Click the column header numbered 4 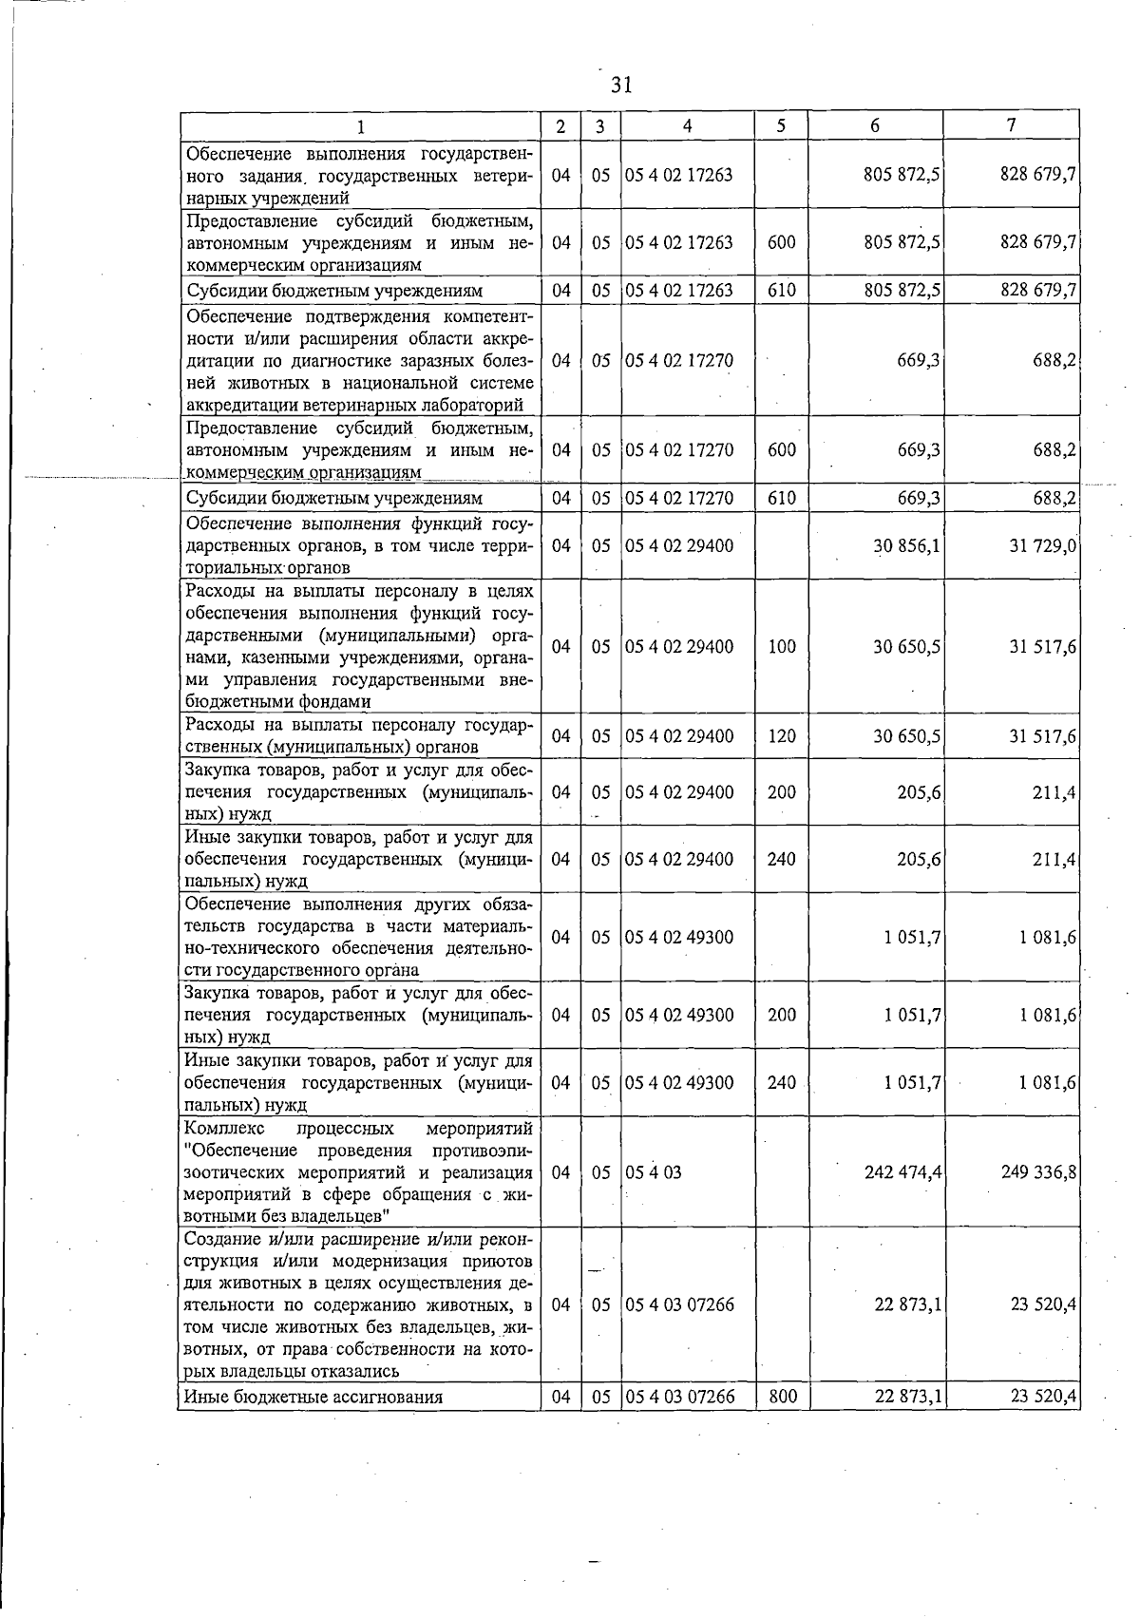coord(686,125)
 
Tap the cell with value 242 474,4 coord(902,1172)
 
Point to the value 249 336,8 coord(1038,1172)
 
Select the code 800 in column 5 coord(781,1397)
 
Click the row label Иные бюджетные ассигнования coord(313,1397)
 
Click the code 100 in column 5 coord(781,646)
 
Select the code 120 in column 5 coord(781,735)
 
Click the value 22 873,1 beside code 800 coord(907,1397)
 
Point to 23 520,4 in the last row coord(1042,1397)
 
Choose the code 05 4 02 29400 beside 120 coord(679,735)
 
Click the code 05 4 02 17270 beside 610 coord(679,498)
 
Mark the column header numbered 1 coord(360,125)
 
